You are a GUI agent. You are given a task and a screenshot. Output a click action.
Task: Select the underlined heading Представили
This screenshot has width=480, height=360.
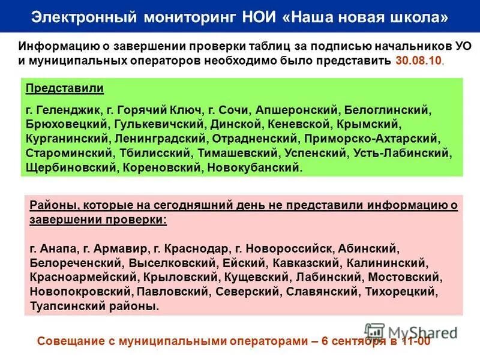point(65,88)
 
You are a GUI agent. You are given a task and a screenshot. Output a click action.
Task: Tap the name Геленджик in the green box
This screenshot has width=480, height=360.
point(69,111)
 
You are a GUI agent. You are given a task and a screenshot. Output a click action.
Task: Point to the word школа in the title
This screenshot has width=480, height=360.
point(418,17)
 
